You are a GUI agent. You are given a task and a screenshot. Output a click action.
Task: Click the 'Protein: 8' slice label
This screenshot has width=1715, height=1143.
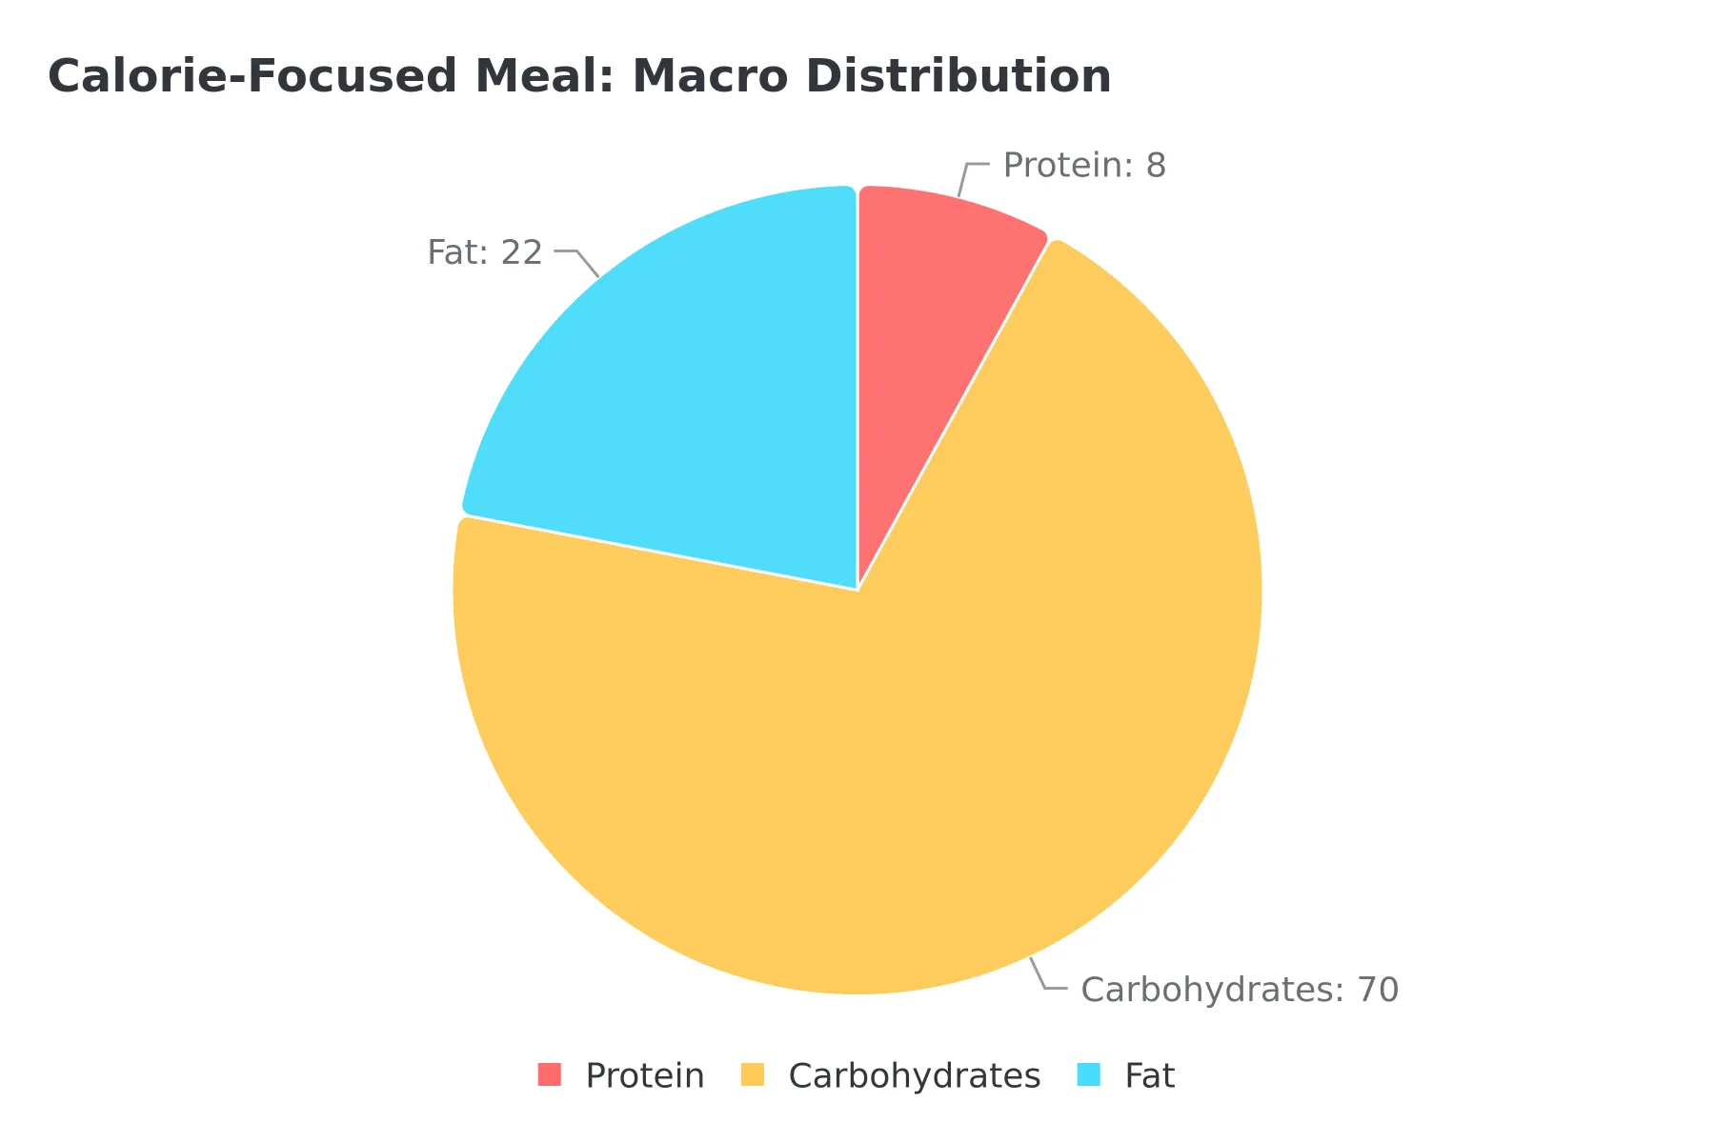[x=1084, y=166]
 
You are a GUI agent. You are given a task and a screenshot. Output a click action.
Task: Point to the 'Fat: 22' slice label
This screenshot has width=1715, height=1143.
[x=485, y=252]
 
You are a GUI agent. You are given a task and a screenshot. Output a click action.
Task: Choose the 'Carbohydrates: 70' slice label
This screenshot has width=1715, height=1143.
[x=1240, y=990]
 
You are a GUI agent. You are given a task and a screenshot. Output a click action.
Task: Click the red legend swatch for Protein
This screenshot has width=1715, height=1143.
[x=550, y=1074]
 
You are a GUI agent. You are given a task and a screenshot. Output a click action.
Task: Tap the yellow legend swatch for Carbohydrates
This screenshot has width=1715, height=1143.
[x=753, y=1074]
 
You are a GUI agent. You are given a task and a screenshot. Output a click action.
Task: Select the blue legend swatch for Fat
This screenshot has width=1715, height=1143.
[x=1089, y=1074]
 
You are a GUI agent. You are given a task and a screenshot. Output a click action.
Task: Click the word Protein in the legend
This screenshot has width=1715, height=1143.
[x=645, y=1075]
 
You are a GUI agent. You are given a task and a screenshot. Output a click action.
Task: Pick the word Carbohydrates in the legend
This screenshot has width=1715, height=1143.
[x=915, y=1075]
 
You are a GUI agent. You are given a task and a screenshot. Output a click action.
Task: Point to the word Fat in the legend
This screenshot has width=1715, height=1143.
[x=1149, y=1075]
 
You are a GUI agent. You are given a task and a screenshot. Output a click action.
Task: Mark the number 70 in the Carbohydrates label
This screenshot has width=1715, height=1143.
[x=1378, y=990]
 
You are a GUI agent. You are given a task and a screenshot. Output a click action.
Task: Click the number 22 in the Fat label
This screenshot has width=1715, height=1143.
[x=522, y=252]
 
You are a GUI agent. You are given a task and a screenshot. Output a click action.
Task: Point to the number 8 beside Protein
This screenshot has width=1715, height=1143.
[x=1156, y=166]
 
